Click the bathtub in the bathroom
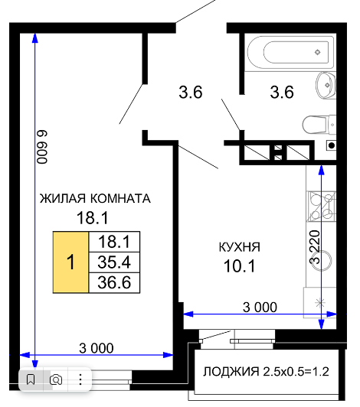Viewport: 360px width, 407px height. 290,52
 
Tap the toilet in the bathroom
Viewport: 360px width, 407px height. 319,125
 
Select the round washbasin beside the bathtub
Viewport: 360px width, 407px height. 326,85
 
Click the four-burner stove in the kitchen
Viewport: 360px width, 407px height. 322,207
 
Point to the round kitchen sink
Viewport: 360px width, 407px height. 322,260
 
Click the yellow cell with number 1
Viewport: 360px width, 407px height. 70,262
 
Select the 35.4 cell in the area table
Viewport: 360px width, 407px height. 114,262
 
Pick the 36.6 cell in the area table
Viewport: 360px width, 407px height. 114,282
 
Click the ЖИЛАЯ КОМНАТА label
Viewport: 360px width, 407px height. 95,199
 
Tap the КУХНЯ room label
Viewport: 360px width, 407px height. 240,247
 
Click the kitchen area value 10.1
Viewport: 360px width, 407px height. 240,266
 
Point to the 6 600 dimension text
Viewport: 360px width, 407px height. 42,147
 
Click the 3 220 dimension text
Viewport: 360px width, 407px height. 315,247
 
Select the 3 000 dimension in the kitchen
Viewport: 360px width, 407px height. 260,308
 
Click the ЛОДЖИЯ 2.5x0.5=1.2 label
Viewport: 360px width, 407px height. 266,372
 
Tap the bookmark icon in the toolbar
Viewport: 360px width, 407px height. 31,379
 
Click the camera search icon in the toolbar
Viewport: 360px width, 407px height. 56,379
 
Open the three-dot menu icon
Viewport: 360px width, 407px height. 80,379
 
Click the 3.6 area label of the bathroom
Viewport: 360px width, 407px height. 282,93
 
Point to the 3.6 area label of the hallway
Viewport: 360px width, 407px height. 191,93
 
